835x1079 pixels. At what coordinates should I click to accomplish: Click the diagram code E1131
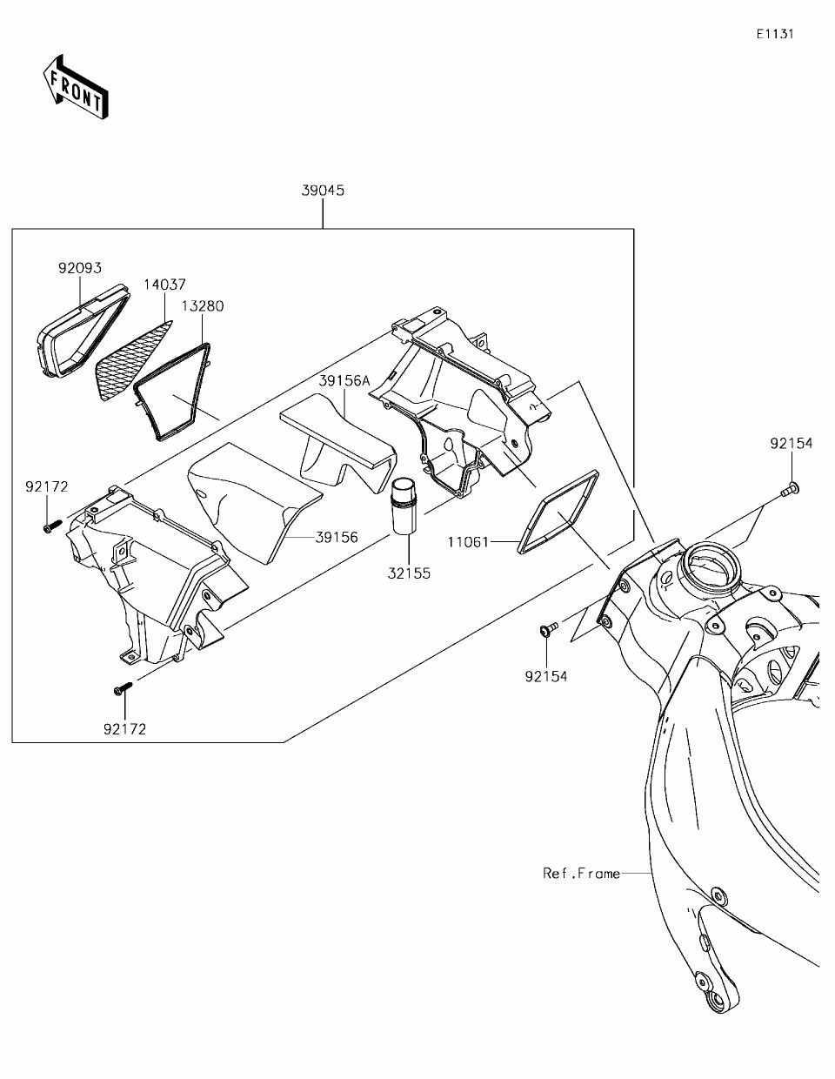click(775, 35)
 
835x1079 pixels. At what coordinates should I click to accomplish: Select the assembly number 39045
click(322, 191)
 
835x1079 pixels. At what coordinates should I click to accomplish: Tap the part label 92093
click(81, 269)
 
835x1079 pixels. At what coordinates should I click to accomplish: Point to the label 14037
click(164, 285)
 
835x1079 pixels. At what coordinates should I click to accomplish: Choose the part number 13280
click(203, 306)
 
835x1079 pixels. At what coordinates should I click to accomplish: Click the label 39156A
click(344, 380)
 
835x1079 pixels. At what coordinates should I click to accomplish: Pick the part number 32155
click(409, 574)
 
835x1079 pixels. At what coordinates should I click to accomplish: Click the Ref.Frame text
click(582, 873)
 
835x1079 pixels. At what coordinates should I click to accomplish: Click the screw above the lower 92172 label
click(122, 689)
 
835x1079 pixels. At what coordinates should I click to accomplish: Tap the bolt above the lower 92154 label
click(548, 629)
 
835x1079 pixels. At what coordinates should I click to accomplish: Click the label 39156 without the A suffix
click(337, 538)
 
